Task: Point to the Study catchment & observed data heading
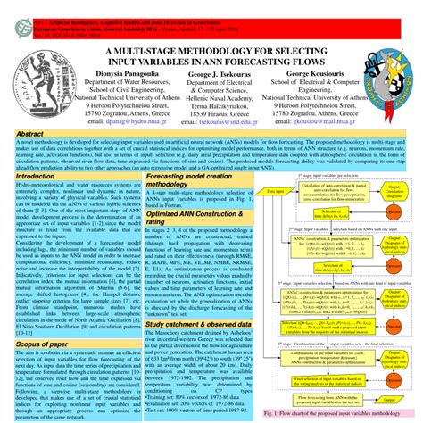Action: point(193,302)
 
